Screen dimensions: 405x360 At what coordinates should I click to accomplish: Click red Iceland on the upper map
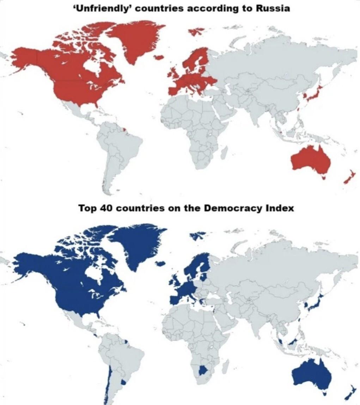click(159, 57)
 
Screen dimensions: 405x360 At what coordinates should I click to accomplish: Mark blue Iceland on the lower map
click(160, 263)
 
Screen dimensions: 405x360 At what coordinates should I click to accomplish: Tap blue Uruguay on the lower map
click(123, 382)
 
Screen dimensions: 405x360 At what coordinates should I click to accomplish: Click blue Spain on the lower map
click(175, 300)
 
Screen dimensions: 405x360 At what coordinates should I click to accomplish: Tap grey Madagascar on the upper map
click(223, 152)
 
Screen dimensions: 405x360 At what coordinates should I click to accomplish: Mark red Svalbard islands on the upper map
click(197, 31)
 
